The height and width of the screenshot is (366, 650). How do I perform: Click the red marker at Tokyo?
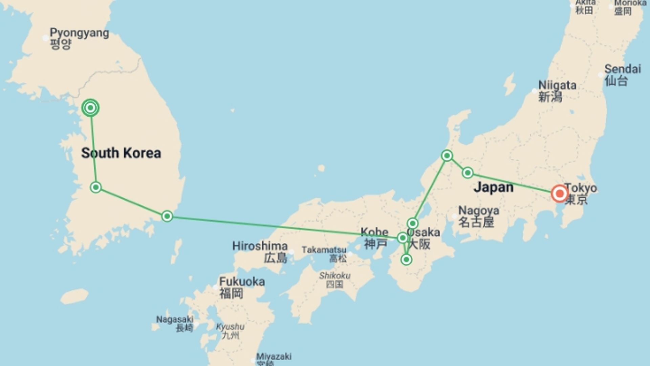559,194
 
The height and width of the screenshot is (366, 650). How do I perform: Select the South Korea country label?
121,153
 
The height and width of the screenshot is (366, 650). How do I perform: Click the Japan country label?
493,187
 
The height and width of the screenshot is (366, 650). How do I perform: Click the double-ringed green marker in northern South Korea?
90,108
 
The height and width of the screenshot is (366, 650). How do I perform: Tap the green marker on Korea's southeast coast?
167,216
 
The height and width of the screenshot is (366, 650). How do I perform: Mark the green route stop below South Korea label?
96,187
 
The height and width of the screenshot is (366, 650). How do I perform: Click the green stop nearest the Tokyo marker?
468,173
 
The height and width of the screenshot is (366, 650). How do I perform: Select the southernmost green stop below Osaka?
406,260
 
